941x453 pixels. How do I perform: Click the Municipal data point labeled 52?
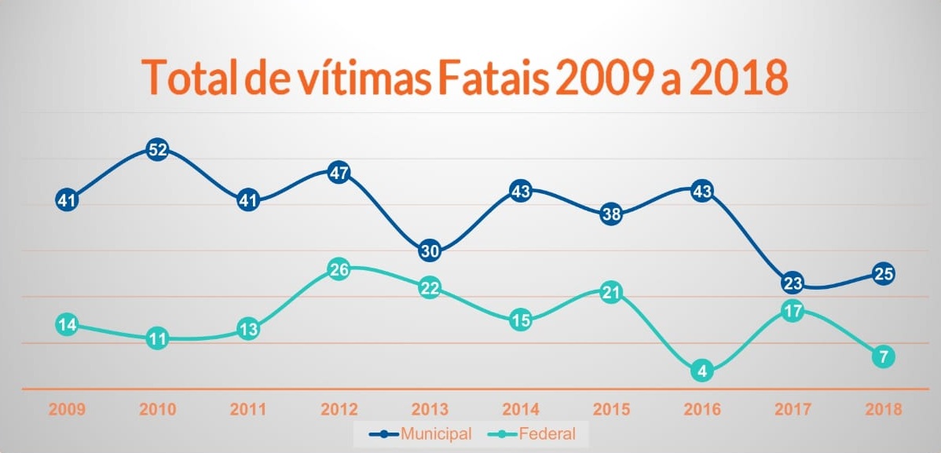pos(157,149)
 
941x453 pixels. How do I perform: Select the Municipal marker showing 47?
pos(339,173)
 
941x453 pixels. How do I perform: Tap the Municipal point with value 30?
pos(430,250)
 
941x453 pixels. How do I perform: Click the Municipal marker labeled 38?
pos(611,214)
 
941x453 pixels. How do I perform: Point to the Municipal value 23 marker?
pos(793,283)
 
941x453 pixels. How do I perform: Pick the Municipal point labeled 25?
pos(884,274)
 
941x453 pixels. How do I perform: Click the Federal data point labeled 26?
pos(339,269)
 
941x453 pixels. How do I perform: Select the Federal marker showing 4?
pos(702,371)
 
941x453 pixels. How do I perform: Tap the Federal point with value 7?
pos(884,357)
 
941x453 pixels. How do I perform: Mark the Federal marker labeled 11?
pos(157,339)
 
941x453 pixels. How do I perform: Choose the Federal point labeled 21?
pos(611,293)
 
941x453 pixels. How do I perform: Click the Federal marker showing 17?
pos(793,311)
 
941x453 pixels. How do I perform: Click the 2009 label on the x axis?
pos(67,410)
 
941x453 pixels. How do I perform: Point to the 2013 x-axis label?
pos(430,410)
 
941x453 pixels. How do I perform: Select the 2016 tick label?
pos(702,410)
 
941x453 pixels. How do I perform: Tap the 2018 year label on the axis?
pos(884,410)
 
